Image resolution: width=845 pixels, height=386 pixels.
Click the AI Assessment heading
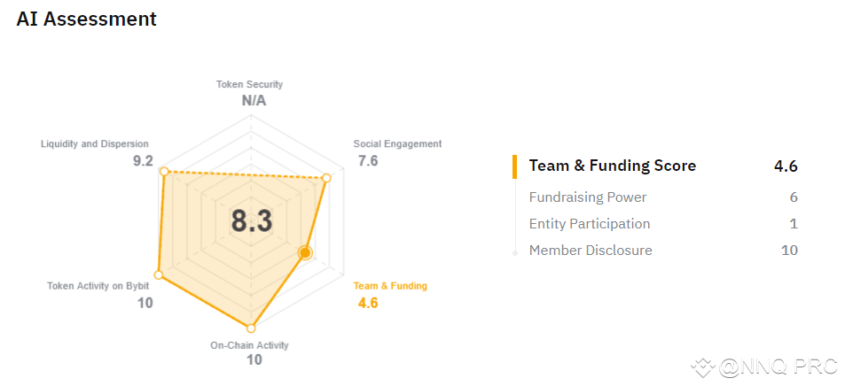(x=87, y=19)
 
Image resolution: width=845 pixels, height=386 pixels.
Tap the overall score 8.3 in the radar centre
(x=252, y=221)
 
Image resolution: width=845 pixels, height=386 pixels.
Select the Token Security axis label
(x=249, y=84)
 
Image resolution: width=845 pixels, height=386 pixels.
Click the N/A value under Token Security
(x=254, y=100)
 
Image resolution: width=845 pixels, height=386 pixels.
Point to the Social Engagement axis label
(x=397, y=143)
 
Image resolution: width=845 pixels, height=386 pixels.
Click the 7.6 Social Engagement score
(x=368, y=160)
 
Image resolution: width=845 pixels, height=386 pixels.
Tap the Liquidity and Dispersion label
(x=95, y=143)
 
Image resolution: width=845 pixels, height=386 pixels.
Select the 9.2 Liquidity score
(x=143, y=160)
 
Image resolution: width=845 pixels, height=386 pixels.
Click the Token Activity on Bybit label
(x=98, y=286)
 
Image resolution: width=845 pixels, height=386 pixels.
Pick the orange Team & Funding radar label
(x=390, y=286)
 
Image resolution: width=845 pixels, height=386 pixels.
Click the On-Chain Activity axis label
(x=249, y=345)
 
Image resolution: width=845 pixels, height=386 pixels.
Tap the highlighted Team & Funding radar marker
(x=305, y=253)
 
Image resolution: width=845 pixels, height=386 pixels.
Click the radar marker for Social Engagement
(x=325, y=179)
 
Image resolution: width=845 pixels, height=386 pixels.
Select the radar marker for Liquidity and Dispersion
(x=164, y=172)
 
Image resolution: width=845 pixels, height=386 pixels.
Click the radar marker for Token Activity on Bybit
(x=160, y=274)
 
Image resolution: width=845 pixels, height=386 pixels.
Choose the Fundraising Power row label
(x=588, y=197)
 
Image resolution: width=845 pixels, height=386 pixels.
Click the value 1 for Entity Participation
(x=794, y=224)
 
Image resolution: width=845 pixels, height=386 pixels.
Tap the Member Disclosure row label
(x=591, y=251)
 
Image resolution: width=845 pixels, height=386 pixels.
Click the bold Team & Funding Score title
(x=613, y=166)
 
